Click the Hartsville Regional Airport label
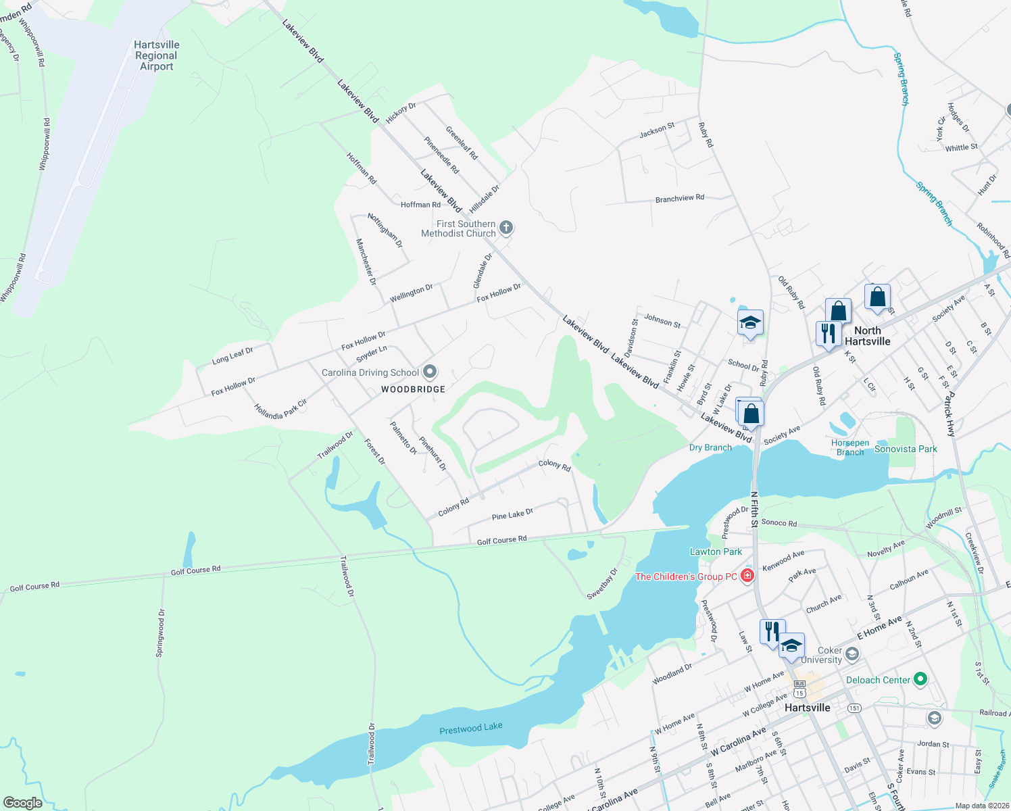click(x=157, y=55)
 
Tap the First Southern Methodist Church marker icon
click(x=506, y=228)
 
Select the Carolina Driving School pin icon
click(x=430, y=372)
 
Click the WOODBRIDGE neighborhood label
click(x=413, y=389)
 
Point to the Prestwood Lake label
click(x=471, y=729)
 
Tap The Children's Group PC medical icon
click(x=747, y=576)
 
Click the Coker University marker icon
click(x=852, y=654)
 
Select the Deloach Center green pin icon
click(x=920, y=679)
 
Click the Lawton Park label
click(x=716, y=551)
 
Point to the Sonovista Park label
click(x=906, y=449)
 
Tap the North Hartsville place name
click(x=868, y=336)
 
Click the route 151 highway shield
click(x=854, y=708)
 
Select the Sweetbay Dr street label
click(x=602, y=584)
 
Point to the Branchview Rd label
click(x=679, y=199)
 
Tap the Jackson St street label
click(x=657, y=130)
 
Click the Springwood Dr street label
click(x=160, y=633)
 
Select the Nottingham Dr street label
click(x=385, y=230)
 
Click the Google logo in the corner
click(x=23, y=803)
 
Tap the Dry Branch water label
click(x=710, y=447)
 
